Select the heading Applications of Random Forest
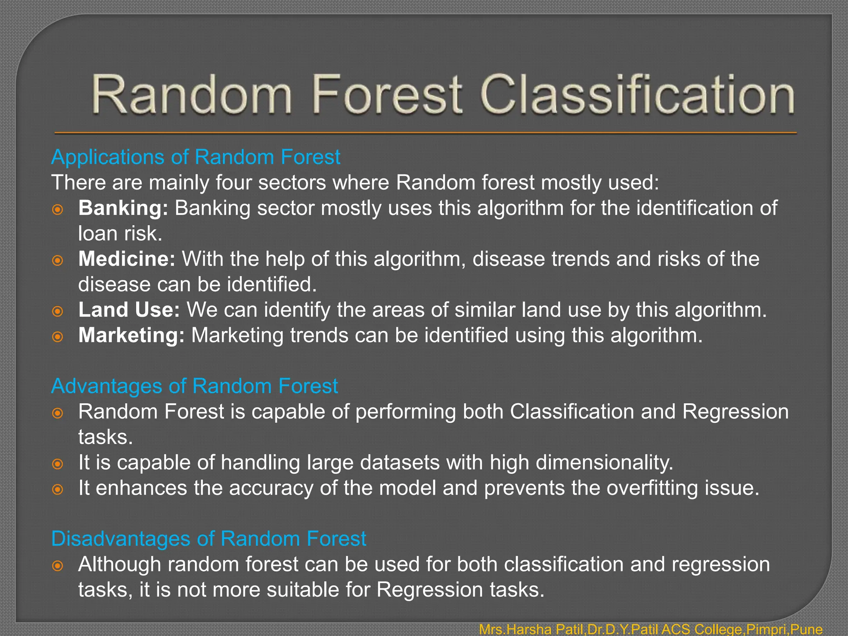(x=195, y=157)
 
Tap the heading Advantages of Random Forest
(x=194, y=386)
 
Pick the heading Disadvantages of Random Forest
(x=208, y=539)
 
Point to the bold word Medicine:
(x=127, y=259)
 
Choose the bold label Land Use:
(x=129, y=310)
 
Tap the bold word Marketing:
(x=131, y=335)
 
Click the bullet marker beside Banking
(x=58, y=210)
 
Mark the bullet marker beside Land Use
(x=58, y=311)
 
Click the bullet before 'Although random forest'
(x=58, y=566)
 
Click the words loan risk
(x=120, y=234)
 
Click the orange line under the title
(x=426, y=133)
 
